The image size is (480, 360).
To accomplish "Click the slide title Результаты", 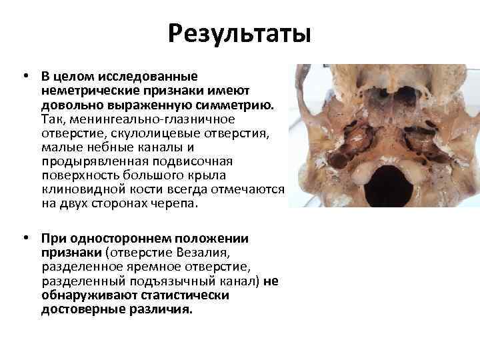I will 239,31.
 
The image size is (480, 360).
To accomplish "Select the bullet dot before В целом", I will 24,76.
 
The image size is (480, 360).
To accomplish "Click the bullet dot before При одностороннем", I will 24,239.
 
